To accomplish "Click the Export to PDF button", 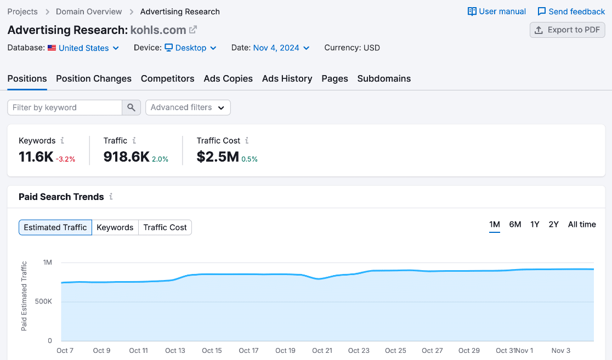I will (567, 30).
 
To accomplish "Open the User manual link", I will (496, 12).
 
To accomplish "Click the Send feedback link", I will (571, 12).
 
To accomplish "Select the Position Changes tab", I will (94, 78).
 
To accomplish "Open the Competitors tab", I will (167, 78).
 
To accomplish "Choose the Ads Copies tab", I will (228, 78).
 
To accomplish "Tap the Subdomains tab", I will (384, 78).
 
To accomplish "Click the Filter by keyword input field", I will (65, 107).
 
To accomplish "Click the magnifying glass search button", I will (131, 107).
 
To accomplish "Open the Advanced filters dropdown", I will (188, 107).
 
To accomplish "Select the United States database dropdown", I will (83, 48).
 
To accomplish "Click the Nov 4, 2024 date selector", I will (281, 48).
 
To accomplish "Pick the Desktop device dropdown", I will (190, 48).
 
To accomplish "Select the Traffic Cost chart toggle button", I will (165, 227).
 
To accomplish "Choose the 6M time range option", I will (515, 224).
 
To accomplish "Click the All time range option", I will (581, 224).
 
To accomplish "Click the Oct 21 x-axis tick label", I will (322, 351).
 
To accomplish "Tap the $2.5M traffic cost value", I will (218, 157).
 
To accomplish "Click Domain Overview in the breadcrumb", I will (89, 12).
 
